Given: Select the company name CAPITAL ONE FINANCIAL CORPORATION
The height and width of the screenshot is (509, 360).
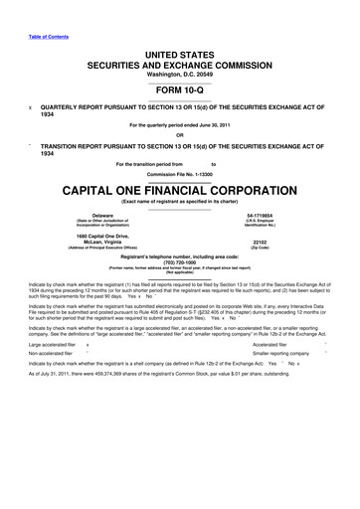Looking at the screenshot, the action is coord(180,187).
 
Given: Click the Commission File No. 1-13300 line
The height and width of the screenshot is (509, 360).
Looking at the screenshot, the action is coord(180,172).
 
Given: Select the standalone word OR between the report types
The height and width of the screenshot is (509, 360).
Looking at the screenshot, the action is coord(180,135).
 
